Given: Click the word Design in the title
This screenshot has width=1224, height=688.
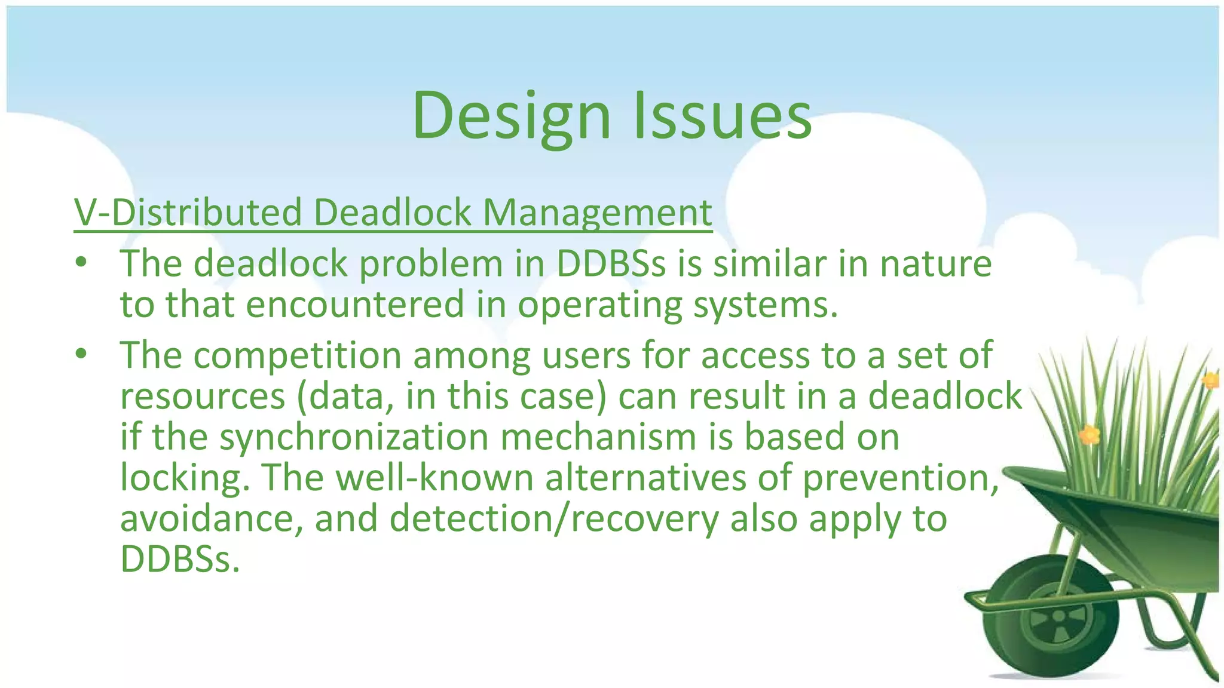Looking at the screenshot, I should click(x=511, y=116).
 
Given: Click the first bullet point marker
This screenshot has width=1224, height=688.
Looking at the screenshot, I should click(x=81, y=263).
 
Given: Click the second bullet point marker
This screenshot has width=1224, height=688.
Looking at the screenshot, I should click(x=81, y=355).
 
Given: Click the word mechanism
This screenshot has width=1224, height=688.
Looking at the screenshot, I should click(x=598, y=437).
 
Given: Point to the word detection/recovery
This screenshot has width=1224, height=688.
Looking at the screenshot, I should click(x=553, y=518).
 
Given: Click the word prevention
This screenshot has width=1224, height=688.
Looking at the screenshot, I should click(x=899, y=478).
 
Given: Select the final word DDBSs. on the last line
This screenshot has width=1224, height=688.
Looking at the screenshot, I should click(x=179, y=560).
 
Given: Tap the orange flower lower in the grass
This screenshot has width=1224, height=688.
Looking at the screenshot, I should click(x=1089, y=434).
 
